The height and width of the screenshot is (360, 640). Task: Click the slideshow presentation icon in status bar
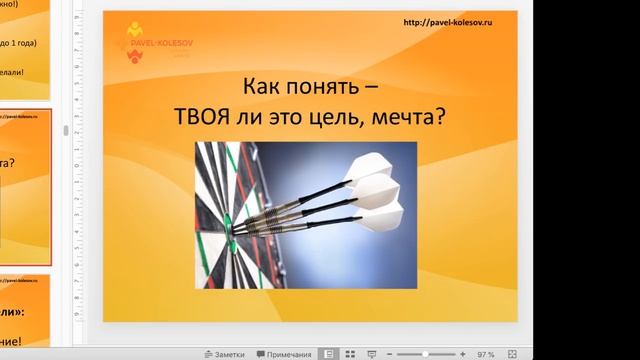tap(371, 353)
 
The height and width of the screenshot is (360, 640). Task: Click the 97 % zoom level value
tap(487, 353)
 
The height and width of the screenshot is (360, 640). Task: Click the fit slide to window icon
tap(512, 353)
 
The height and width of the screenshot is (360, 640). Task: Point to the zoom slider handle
tap(427, 353)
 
